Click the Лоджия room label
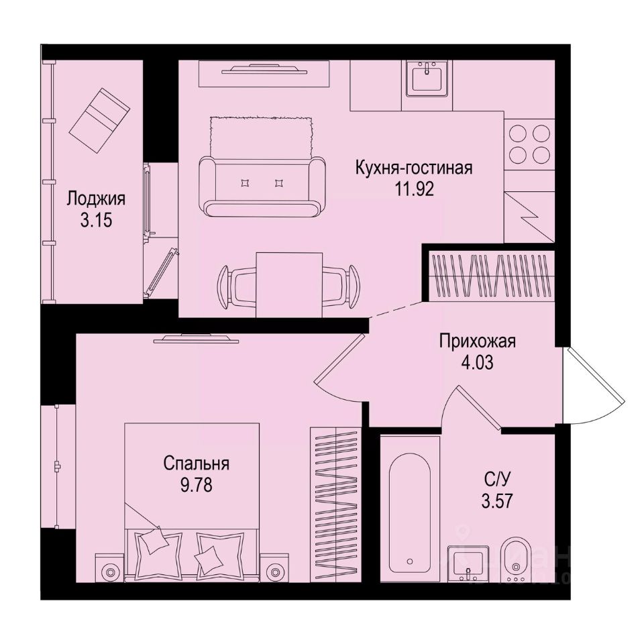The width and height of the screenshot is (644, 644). pyautogui.click(x=96, y=199)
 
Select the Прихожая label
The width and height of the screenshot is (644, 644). pyautogui.click(x=477, y=341)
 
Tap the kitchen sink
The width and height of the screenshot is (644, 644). pyautogui.click(x=426, y=78)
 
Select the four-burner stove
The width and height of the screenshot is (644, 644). pyautogui.click(x=529, y=144)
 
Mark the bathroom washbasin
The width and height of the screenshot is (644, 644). pyautogui.click(x=469, y=562)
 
